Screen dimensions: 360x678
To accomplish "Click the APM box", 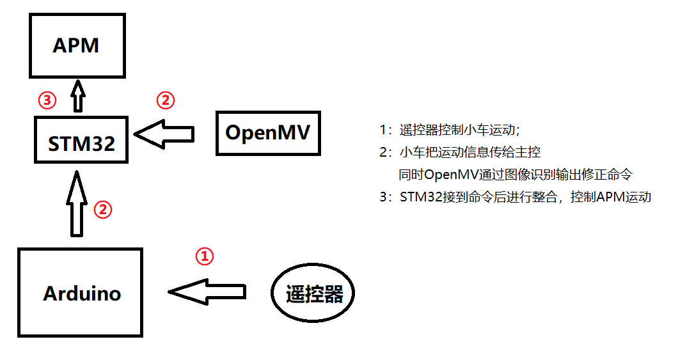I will (77, 46).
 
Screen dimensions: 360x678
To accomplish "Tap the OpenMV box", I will (267, 133).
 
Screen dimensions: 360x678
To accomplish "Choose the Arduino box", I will (81, 293).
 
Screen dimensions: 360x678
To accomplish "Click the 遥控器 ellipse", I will (313, 294).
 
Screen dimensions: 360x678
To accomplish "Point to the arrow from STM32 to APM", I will (78, 96).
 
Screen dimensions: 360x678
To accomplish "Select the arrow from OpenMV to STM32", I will (165, 134).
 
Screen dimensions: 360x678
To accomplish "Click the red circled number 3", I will (47, 100).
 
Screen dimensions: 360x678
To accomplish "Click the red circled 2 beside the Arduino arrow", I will (103, 209).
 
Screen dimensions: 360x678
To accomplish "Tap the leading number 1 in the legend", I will (382, 130).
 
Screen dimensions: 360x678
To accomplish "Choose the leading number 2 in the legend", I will (382, 153).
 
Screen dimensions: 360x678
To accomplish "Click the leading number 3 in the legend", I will (382, 197).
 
